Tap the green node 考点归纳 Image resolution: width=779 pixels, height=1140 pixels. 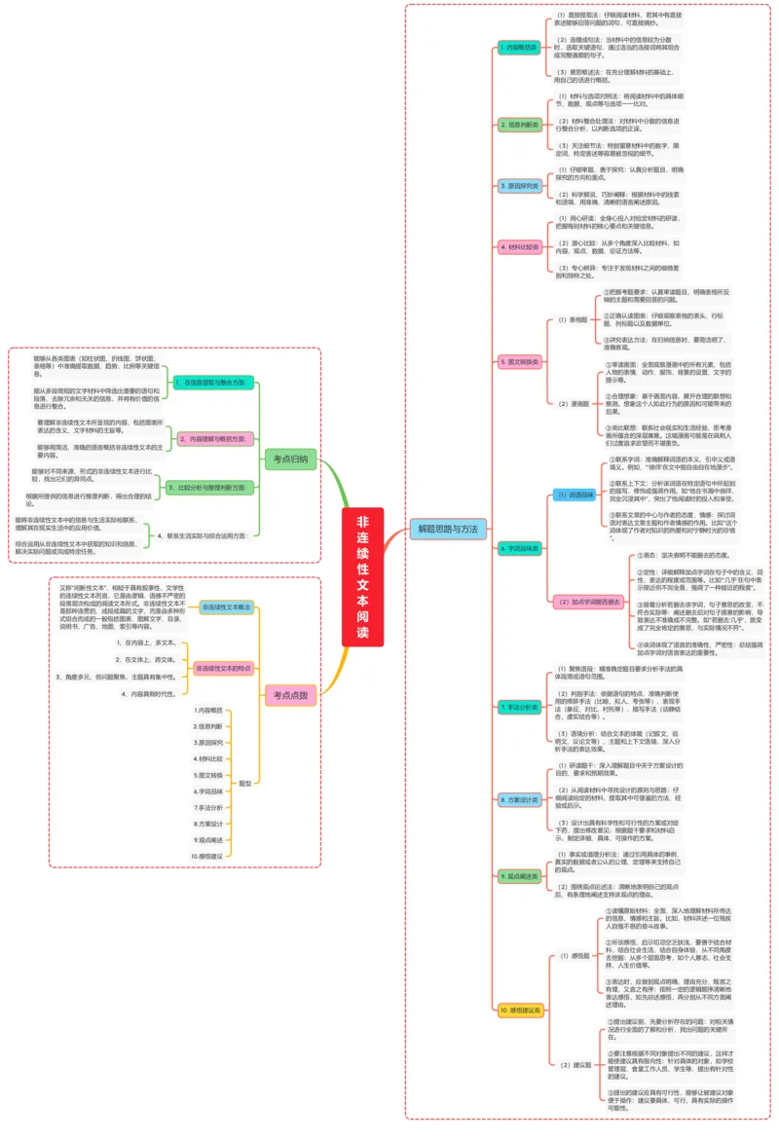point(290,459)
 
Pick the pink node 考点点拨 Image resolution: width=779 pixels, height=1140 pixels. point(290,693)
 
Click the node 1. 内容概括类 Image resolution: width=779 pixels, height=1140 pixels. point(518,48)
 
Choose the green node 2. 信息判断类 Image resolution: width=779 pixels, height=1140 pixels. point(518,125)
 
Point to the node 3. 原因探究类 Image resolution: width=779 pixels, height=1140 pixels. point(518,185)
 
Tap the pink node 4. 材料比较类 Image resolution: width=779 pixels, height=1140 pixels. point(518,247)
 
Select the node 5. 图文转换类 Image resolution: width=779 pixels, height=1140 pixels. point(518,360)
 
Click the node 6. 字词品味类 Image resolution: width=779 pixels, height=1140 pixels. point(518,549)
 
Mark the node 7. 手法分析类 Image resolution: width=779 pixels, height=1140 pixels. point(518,708)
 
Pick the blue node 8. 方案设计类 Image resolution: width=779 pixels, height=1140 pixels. point(518,799)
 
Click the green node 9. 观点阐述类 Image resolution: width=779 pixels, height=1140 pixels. point(518,876)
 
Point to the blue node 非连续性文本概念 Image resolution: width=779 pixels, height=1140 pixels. point(226,607)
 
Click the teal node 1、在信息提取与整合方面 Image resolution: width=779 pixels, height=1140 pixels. point(215,384)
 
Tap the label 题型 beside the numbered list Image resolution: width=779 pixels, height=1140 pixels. point(245,783)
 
